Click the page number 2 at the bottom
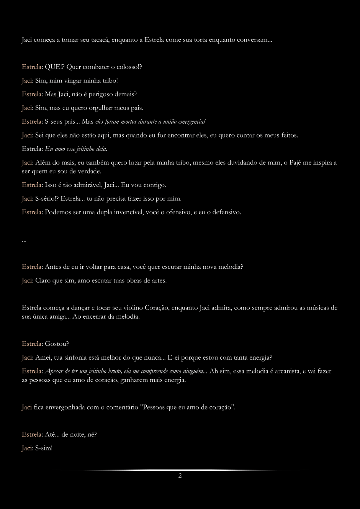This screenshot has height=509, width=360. click(180, 476)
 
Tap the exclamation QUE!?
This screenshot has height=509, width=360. click(55, 67)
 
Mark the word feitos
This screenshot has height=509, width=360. click(289, 135)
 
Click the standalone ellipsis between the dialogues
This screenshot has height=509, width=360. click(24, 241)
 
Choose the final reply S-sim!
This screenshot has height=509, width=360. click(44, 448)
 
